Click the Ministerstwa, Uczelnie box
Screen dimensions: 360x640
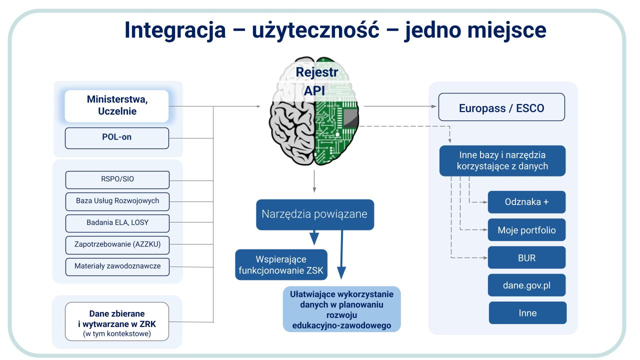(116, 106)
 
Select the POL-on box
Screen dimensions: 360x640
(116, 137)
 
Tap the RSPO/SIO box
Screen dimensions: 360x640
(117, 179)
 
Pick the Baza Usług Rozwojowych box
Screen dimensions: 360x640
(117, 200)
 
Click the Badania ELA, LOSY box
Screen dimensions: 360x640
(117, 222)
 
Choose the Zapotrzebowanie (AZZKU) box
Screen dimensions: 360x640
(117, 244)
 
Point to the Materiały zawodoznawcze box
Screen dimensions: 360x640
(117, 266)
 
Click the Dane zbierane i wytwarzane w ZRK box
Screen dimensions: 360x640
(116, 321)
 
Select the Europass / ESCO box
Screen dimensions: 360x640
(501, 108)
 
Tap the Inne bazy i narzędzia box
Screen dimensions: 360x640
(502, 160)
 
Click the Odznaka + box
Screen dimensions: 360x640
(527, 202)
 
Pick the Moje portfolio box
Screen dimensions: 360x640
(527, 230)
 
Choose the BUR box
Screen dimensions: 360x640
(527, 258)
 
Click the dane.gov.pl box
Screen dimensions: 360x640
(527, 285)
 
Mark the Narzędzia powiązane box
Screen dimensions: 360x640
(315, 214)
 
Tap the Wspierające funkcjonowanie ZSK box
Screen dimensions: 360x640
(281, 265)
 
